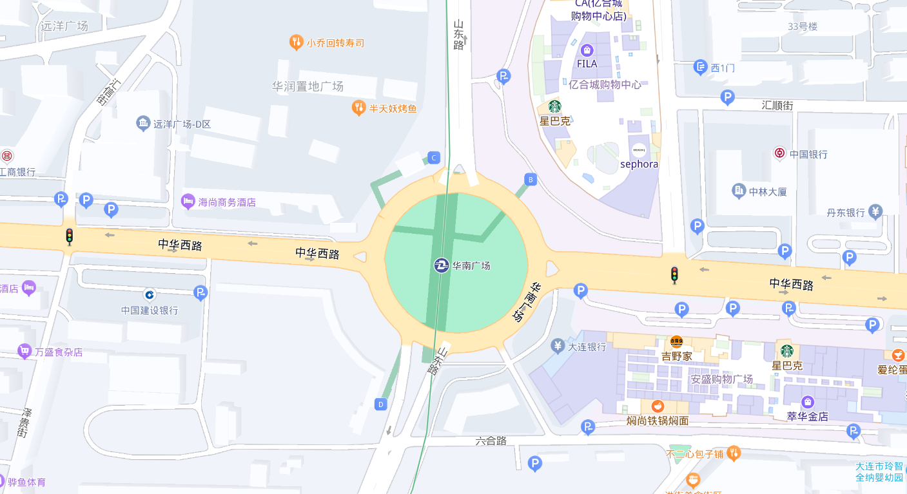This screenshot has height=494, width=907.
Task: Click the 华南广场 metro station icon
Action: [x=442, y=265]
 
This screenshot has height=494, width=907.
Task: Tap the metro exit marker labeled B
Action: [x=531, y=180]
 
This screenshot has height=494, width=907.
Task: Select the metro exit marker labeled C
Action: [x=434, y=158]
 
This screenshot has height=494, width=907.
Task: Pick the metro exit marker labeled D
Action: [x=381, y=404]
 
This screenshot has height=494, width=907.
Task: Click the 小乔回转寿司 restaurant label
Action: [x=335, y=43]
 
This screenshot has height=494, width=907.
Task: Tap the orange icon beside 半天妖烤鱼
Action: [x=359, y=108]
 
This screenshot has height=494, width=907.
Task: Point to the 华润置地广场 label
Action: [x=307, y=86]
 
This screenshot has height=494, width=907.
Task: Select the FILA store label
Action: [x=587, y=64]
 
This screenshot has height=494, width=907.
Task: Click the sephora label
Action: [x=639, y=164]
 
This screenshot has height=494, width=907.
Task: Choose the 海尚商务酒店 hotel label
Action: [x=227, y=202]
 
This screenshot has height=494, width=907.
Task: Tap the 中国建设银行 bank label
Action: [x=150, y=310]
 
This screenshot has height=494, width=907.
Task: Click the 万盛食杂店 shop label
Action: [x=59, y=352]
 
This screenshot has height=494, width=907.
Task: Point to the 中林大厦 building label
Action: [x=768, y=191]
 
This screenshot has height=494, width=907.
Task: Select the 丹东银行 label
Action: [x=846, y=212]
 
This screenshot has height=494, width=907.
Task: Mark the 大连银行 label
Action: [x=587, y=347]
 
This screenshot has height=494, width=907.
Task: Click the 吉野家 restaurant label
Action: [x=676, y=356]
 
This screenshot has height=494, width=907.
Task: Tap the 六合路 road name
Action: [x=491, y=441]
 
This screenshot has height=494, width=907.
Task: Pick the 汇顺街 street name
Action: [x=777, y=105]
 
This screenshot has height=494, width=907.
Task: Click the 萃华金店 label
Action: [x=808, y=416]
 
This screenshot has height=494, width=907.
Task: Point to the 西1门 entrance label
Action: [x=723, y=68]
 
